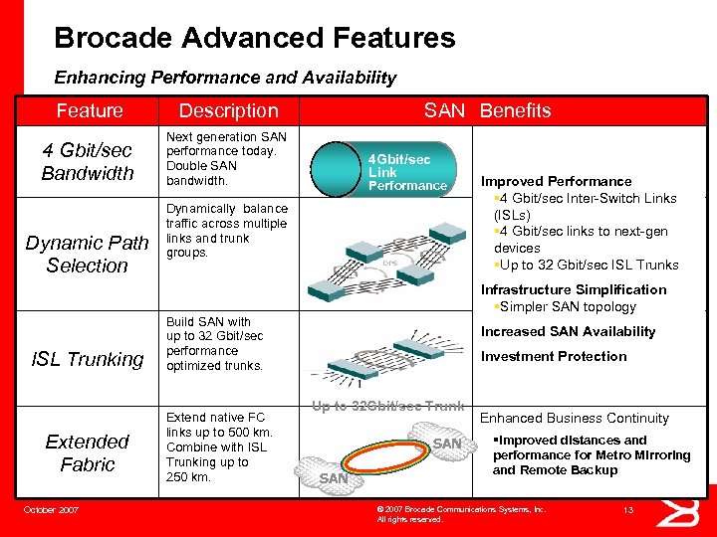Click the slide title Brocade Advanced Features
coord(254,39)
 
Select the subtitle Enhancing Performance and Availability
coord(225,77)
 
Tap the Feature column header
coord(90,110)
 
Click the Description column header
coord(228,110)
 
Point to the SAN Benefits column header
coord(487,110)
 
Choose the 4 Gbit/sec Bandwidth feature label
coord(88,162)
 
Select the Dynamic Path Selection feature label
coord(88,254)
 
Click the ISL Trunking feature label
coord(88,359)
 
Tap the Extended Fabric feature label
coord(88,452)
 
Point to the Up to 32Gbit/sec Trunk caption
coord(387,406)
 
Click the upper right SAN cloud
coord(446,444)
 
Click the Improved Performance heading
coord(556,181)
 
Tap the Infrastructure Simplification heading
coord(574,289)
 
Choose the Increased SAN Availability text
coord(568,331)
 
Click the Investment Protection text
coord(554,356)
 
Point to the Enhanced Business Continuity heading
coord(575,418)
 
